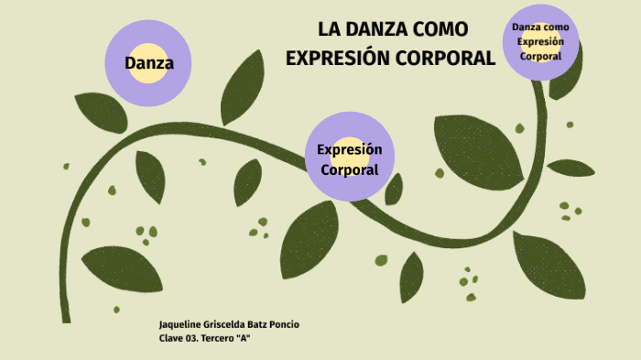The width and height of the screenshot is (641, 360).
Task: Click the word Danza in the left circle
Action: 149,64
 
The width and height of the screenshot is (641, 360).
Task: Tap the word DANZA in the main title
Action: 378,31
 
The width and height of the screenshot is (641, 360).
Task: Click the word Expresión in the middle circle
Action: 349,150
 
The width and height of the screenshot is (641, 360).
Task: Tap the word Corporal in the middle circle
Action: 349,169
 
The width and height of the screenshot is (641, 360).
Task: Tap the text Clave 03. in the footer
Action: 179,339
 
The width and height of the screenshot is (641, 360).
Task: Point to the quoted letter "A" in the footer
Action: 243,339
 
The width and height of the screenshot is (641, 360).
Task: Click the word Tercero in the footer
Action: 218,339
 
